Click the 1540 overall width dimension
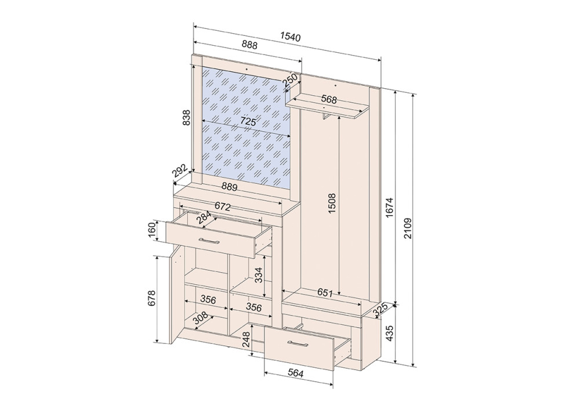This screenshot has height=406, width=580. coord(291,37)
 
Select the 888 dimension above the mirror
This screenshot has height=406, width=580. coord(249,45)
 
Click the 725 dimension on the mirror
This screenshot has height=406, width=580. coord(248,121)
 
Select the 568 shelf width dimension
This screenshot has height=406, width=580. coord(329,99)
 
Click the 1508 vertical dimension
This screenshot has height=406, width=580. coord(332,203)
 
